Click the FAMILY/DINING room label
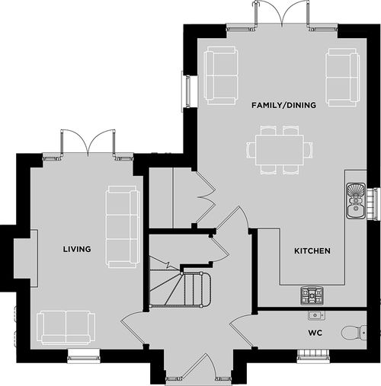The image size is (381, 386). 283,105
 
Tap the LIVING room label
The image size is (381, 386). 77,249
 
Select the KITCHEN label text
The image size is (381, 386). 312,251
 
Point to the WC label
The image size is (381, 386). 315,333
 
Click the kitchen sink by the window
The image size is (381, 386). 356,200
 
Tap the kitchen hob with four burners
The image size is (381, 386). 312,295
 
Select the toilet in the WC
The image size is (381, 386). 354,332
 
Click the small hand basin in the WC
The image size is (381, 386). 316,315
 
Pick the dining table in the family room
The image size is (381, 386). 280,150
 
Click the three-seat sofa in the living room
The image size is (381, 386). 123,227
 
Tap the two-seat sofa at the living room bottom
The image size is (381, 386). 66,327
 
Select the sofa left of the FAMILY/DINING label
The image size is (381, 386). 221,75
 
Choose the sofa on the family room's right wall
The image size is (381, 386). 343,77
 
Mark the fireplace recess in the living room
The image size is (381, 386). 26,258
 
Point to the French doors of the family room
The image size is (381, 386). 282,14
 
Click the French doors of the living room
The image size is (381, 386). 88,144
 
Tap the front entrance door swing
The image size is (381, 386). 198,366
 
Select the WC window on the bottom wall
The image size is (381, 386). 313,355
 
